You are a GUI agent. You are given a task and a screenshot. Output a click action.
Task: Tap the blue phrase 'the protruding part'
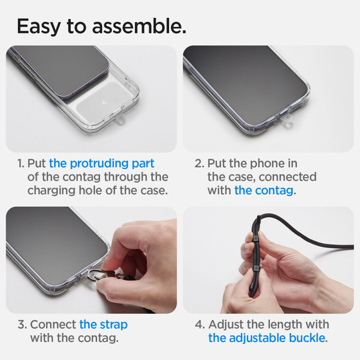click(x=102, y=164)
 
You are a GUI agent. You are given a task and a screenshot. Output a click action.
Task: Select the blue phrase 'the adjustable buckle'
click(x=266, y=338)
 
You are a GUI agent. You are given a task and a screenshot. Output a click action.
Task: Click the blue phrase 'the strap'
click(x=103, y=325)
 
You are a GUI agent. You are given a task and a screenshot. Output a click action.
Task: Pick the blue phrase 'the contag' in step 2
click(x=264, y=190)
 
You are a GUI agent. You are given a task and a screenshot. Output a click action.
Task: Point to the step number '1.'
click(x=21, y=164)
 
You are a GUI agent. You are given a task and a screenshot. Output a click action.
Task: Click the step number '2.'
click(x=200, y=164)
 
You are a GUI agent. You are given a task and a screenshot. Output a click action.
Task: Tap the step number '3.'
click(x=22, y=325)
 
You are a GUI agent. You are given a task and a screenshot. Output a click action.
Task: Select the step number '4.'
click(x=200, y=325)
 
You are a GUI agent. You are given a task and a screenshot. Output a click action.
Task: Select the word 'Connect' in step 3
click(x=53, y=325)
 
